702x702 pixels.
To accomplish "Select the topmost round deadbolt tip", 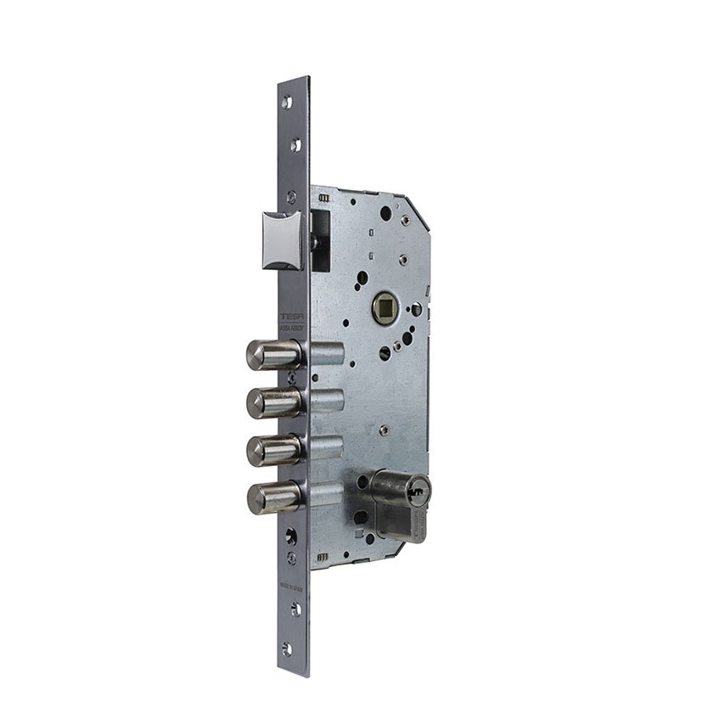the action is click(258, 355).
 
